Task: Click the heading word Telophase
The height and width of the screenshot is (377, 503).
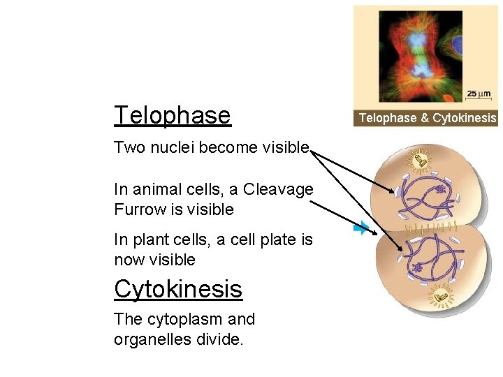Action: [172, 115]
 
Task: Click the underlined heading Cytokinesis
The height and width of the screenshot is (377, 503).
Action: [178, 288]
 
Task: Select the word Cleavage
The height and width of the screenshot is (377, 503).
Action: [279, 189]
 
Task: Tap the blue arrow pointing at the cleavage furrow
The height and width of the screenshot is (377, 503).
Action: [361, 228]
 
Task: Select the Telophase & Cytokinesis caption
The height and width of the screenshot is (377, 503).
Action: [427, 118]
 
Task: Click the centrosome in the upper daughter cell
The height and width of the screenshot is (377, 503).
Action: [421, 161]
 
